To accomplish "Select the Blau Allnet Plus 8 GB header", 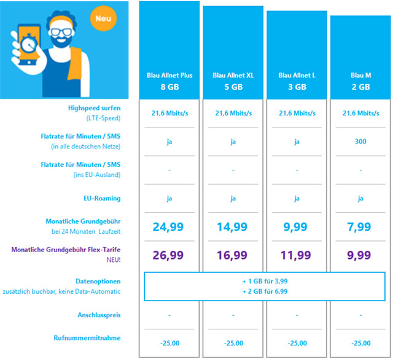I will point(169,81).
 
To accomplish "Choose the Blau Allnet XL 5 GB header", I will point(233,81).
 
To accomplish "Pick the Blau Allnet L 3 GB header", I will point(297,81).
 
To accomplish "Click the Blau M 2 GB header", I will point(360,81).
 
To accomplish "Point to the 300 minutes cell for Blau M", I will point(360,142).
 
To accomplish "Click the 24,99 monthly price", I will point(168,227).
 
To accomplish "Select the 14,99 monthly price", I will point(232,227).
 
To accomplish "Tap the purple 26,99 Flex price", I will point(168,255).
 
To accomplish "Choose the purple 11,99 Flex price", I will point(296,255).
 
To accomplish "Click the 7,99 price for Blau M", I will point(360,227).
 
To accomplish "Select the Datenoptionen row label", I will point(101,280).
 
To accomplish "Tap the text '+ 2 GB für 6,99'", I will point(265,291).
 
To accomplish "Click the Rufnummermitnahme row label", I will point(87,337).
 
